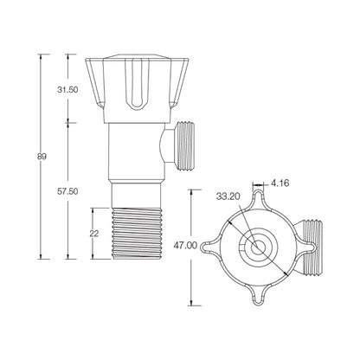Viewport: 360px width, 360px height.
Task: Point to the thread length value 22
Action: click(96, 234)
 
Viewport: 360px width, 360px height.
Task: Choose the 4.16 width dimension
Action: click(280, 183)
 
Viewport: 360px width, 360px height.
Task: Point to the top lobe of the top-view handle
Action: click(257, 200)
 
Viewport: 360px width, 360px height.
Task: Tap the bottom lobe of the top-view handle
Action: click(257, 298)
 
